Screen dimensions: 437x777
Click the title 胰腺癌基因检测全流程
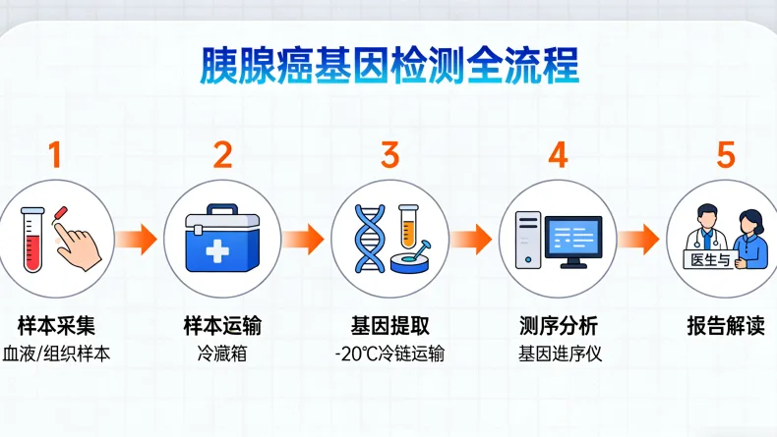click(388, 66)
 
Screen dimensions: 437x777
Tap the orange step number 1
click(55, 155)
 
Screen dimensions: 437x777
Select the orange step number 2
click(222, 155)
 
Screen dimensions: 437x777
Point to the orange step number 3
click(389, 155)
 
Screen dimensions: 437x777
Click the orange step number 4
click(558, 155)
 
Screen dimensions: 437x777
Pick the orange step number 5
click(725, 155)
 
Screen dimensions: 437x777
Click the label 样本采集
click(55, 325)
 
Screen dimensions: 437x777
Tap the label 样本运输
click(222, 325)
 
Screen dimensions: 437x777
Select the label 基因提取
click(389, 325)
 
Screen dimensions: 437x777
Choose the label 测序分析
click(558, 325)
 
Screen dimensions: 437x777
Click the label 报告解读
click(725, 325)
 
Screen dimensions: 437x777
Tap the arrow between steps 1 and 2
click(137, 239)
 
